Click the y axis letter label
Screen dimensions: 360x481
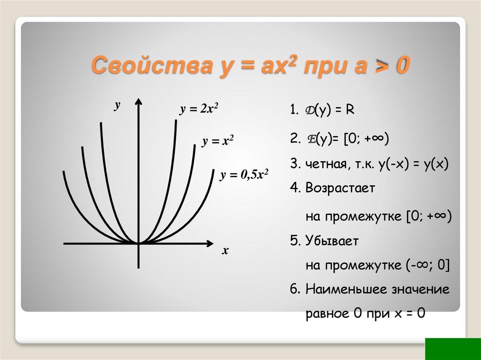pos(117,106)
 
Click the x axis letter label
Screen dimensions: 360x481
pos(225,251)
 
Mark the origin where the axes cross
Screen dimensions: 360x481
pos(139,243)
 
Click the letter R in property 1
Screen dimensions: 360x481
pos(350,110)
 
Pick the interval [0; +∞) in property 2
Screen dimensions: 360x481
pos(366,140)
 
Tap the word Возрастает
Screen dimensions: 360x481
pos(340,189)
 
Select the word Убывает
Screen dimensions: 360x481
pos(332,241)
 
